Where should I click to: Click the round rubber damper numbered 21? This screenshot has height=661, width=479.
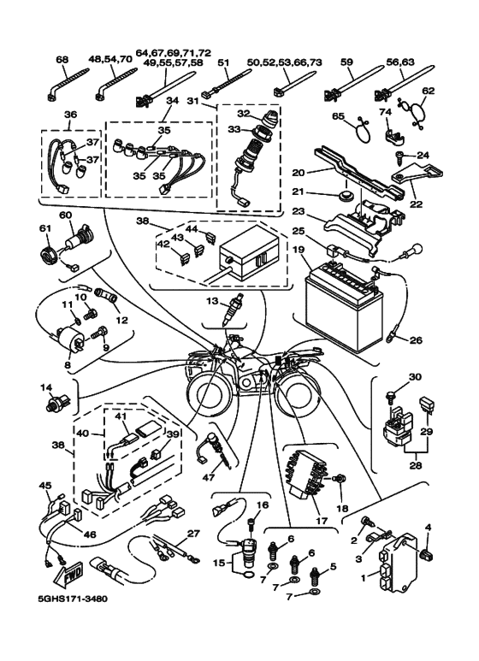[x=345, y=196]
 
